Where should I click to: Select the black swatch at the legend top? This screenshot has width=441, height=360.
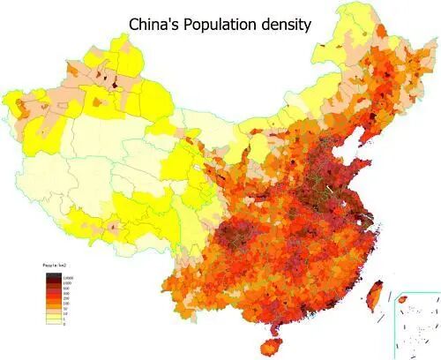coord(52,276)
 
